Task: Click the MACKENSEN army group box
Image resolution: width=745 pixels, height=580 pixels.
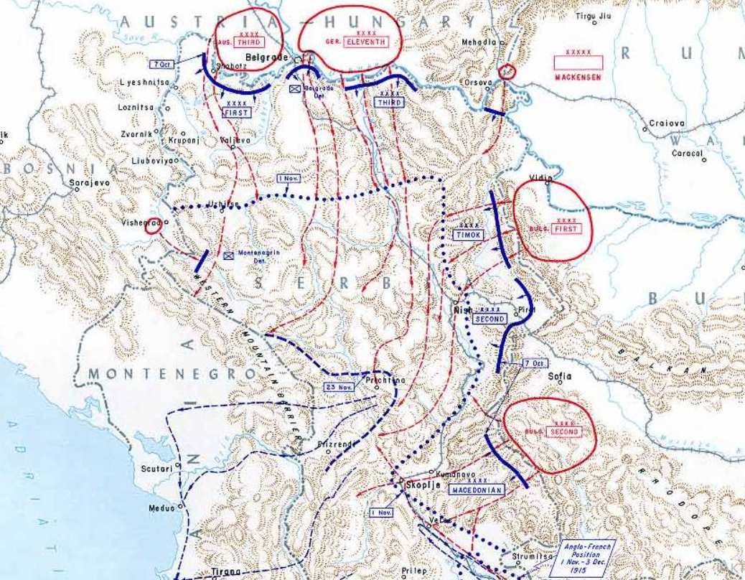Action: (578, 63)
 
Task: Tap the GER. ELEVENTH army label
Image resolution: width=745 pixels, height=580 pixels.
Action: (366, 42)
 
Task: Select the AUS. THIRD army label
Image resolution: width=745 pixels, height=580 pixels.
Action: (243, 42)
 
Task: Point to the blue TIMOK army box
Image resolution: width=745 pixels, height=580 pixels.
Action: (469, 235)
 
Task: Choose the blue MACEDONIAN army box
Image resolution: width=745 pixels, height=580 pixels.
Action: (477, 490)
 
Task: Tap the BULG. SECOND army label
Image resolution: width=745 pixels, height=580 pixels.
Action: (563, 432)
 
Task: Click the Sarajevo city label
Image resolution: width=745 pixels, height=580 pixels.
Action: (90, 184)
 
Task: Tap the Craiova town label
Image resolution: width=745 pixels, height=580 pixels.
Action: (667, 123)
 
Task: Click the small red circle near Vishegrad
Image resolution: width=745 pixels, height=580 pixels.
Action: (152, 227)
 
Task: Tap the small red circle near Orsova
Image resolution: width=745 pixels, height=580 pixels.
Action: (507, 71)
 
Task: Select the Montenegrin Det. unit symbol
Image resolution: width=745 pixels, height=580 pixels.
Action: (229, 254)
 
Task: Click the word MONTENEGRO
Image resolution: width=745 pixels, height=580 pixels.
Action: (172, 374)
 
